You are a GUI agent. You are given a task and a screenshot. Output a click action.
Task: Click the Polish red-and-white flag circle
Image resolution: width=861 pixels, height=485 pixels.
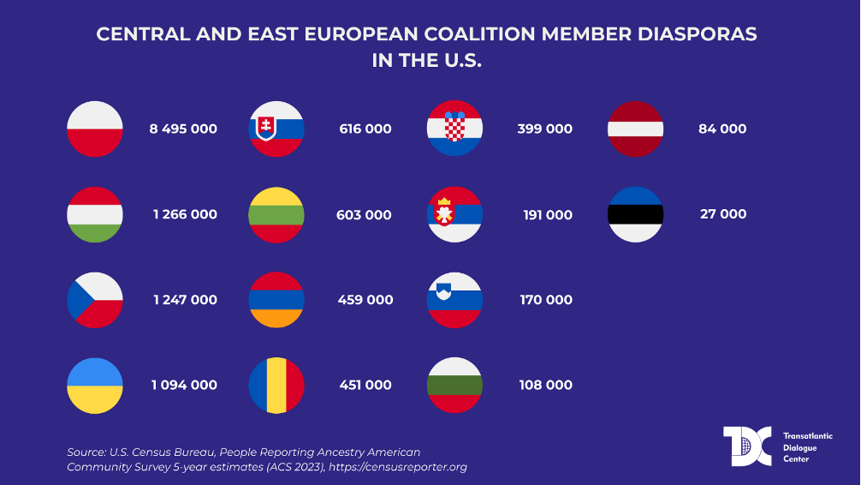[x=95, y=129]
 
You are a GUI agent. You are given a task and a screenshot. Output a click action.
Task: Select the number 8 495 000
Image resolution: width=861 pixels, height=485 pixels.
[x=183, y=129]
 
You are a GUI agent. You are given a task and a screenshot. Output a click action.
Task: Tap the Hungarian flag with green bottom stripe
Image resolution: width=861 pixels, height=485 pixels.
[x=95, y=214]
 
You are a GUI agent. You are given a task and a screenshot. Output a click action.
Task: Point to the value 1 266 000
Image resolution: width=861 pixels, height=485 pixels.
[x=186, y=214]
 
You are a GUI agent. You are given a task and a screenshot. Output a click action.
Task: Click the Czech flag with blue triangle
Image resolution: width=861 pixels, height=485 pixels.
[x=95, y=300]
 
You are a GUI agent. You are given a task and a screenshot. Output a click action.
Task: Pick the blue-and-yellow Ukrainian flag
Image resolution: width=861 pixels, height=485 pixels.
[x=95, y=386]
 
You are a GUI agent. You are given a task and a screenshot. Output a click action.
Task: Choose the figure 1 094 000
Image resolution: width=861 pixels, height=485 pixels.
[x=184, y=386]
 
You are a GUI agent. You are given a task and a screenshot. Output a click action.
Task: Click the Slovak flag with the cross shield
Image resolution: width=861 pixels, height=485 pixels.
[x=276, y=129]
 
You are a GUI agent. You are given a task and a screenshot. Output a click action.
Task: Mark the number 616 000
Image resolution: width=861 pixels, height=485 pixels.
[x=365, y=129]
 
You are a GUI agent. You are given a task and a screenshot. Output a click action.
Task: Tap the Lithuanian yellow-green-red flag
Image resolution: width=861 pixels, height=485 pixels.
[x=276, y=214]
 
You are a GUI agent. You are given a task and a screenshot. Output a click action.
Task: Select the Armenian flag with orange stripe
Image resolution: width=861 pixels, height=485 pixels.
[x=276, y=300]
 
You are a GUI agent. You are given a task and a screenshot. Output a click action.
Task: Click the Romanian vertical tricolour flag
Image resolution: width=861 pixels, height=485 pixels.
[x=276, y=386]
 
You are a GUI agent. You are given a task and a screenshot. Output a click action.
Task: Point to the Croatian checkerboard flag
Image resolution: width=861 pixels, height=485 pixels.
[x=454, y=129]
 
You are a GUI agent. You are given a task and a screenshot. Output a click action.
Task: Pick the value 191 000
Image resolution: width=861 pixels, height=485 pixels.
[x=548, y=214]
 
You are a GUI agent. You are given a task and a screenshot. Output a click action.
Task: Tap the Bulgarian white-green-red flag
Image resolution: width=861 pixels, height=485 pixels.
[x=454, y=386]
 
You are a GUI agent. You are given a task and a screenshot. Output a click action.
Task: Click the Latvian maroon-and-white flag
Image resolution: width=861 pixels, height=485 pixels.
[x=635, y=129]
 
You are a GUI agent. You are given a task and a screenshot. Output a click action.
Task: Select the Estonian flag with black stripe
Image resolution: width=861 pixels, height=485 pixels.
[x=635, y=214]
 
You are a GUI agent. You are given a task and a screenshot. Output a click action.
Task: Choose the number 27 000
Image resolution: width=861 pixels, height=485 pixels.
[x=723, y=214]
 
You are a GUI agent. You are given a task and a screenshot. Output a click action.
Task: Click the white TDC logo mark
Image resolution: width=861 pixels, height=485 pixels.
[x=747, y=446]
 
